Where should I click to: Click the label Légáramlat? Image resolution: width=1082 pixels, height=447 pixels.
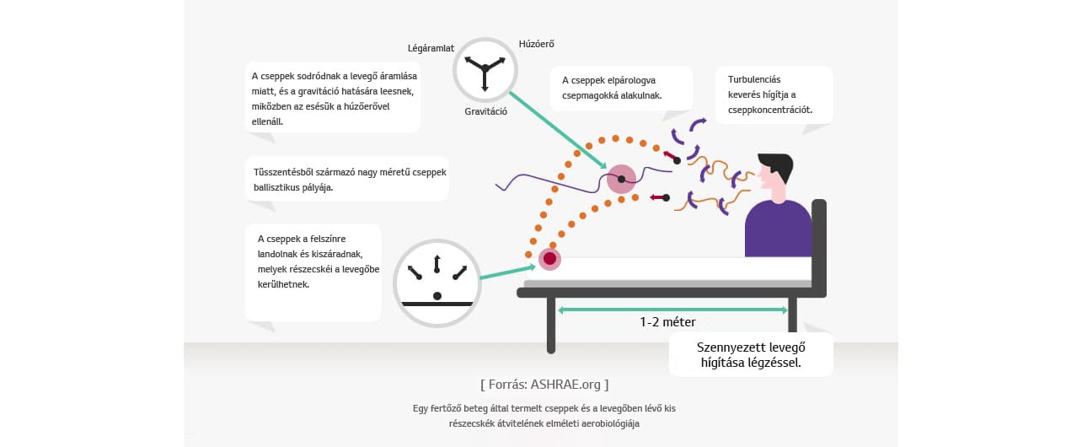(431, 48)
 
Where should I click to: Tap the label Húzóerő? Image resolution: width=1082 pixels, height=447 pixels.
(536, 44)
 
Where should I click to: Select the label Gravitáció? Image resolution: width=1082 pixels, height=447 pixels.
(485, 111)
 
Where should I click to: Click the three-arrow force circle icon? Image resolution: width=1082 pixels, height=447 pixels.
(485, 71)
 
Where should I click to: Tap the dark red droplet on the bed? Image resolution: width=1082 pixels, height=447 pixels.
(549, 259)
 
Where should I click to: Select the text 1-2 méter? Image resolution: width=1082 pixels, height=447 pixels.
(667, 322)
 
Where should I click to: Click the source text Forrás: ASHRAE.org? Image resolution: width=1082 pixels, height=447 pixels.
(544, 385)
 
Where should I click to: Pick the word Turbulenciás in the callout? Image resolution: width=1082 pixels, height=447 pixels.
(754, 80)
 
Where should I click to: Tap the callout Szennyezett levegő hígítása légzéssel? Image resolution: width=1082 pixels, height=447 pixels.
(751, 355)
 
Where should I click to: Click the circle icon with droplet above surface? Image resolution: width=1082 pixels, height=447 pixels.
(437, 283)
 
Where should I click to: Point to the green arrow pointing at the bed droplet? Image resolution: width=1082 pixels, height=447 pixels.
(507, 272)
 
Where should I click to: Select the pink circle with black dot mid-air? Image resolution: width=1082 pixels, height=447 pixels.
(621, 180)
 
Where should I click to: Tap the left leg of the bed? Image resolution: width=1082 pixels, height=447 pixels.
(550, 326)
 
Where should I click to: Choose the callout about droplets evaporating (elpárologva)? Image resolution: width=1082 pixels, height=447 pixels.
(622, 89)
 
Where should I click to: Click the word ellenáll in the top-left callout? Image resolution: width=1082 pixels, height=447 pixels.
(267, 121)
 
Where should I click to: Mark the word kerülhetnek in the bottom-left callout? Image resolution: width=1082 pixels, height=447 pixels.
(283, 284)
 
